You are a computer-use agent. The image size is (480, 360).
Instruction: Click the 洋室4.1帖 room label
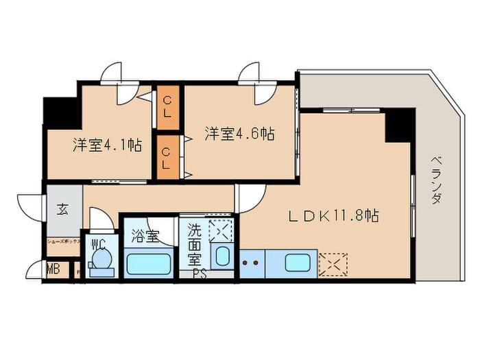click(108, 145)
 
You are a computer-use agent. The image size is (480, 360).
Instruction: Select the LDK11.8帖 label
click(333, 215)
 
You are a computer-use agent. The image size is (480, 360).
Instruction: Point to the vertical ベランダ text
click(436, 180)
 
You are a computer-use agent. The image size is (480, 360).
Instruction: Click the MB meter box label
click(53, 269)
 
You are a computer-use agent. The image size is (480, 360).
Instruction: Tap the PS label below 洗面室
click(200, 276)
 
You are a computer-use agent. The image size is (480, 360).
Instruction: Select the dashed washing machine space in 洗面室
click(221, 229)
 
